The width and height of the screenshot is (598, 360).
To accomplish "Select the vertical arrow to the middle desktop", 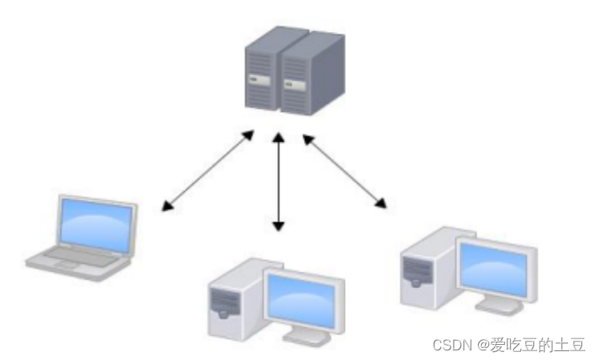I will pyautogui.click(x=278, y=182).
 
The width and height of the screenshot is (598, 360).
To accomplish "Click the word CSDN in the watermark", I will pyautogui.click(x=450, y=345).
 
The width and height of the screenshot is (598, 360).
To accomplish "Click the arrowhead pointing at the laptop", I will pyautogui.click(x=166, y=208).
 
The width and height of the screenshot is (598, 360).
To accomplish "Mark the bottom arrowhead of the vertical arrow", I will pyautogui.click(x=278, y=227).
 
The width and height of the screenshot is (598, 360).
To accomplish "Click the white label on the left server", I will pyautogui.click(x=257, y=79).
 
